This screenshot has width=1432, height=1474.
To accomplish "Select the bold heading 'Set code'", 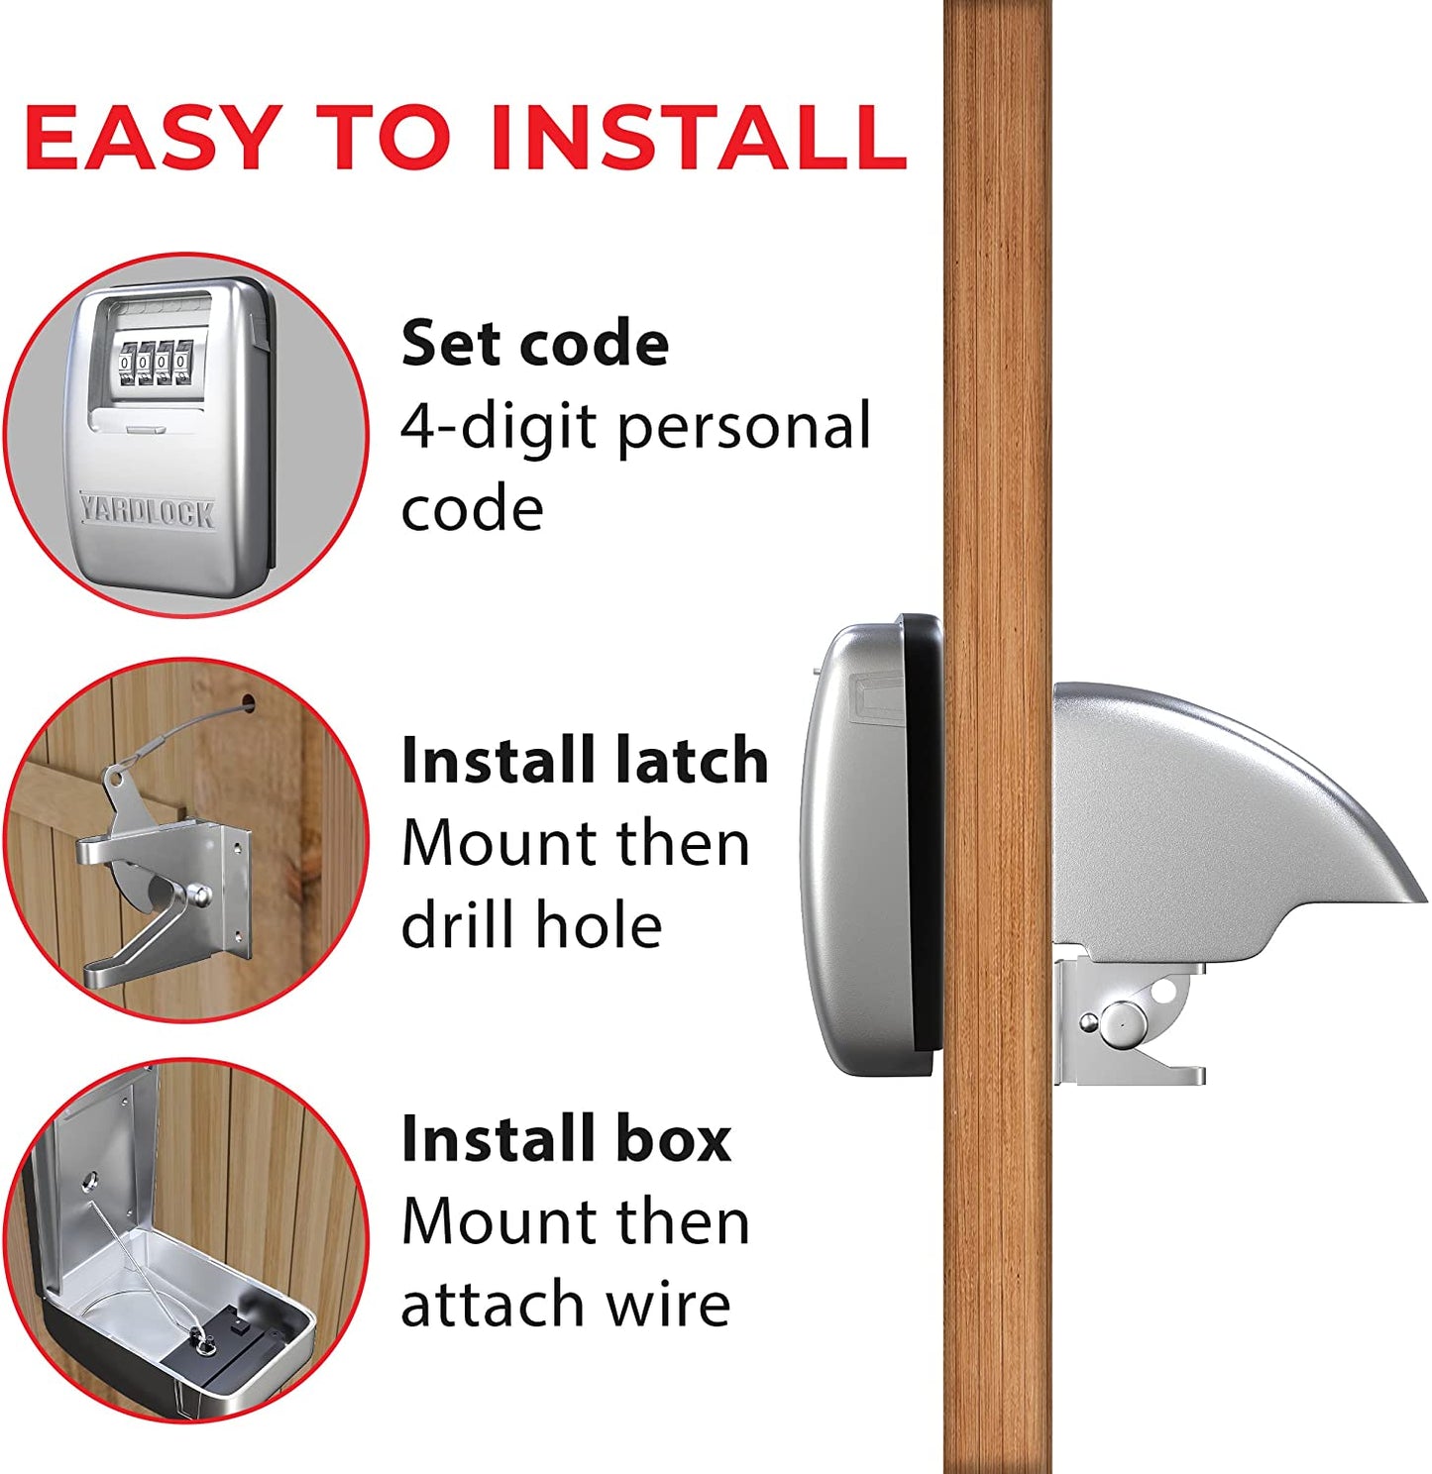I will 535,343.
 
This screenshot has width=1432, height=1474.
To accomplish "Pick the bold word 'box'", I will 673,1139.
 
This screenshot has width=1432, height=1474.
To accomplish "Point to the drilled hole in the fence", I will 248,705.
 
